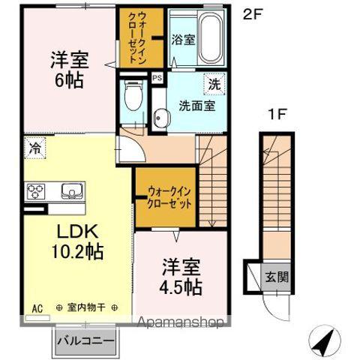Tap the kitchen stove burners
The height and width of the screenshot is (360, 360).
tap(36, 191)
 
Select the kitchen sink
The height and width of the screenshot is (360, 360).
tap(69, 190)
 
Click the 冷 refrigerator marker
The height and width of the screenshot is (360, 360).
tap(34, 148)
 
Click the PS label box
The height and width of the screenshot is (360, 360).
tap(157, 77)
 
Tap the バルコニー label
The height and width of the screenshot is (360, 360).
tap(86, 341)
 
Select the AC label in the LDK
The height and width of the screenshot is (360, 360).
tap(37, 307)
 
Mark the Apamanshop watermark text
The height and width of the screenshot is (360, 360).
tap(180, 324)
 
